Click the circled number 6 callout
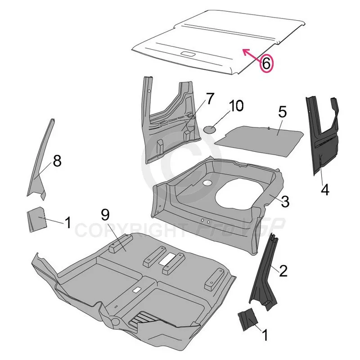tap(266, 63)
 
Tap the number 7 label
tap(210, 99)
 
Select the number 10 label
tap(236, 106)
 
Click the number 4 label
tap(324, 189)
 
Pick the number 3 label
tap(285, 201)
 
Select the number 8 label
tap(57, 161)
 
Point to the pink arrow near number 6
tap(252, 54)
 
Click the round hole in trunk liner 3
tap(207, 183)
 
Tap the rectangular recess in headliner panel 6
tap(188, 54)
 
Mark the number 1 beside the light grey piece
tap(68, 222)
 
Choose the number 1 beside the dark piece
tap(265, 335)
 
